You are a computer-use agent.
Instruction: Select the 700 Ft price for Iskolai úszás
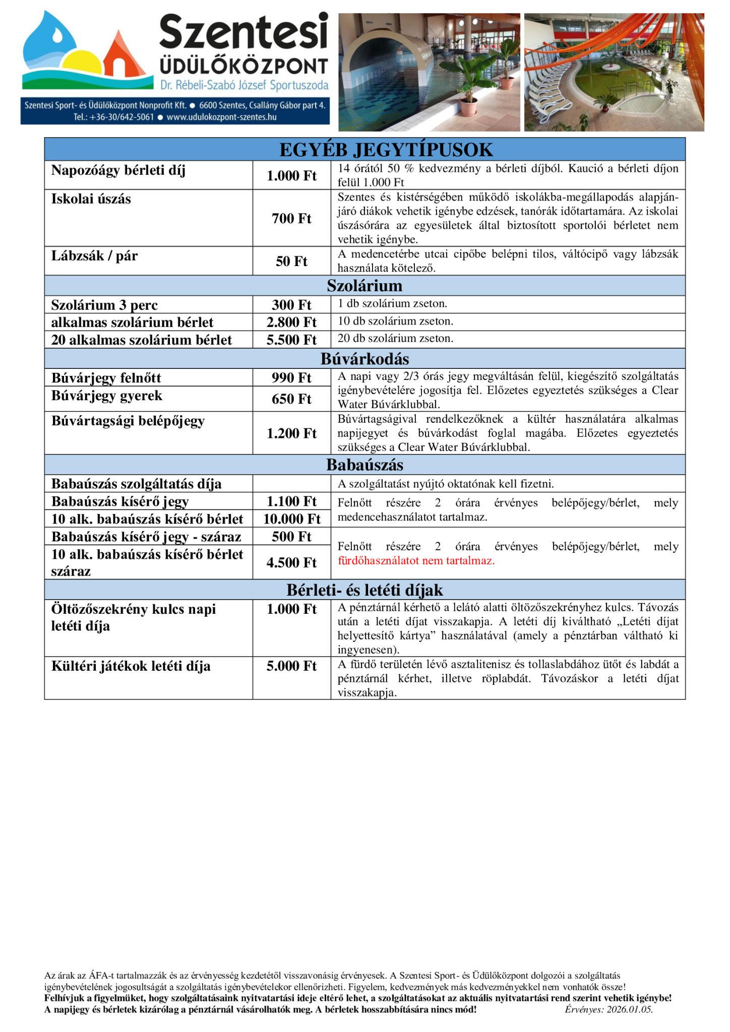click(x=291, y=218)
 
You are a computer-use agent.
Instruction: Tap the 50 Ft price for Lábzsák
click(x=291, y=261)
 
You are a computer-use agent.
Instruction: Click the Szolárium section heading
click(x=364, y=286)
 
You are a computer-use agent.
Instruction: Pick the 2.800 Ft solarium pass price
click(x=291, y=322)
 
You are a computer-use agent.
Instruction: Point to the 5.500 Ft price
click(x=291, y=340)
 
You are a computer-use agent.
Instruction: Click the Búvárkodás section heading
click(x=364, y=359)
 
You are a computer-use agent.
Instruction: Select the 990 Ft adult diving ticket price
click(x=291, y=377)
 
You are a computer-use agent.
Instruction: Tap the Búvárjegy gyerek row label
click(x=107, y=396)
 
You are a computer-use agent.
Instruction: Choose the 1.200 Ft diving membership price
click(x=291, y=433)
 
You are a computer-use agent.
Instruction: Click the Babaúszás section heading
click(x=364, y=465)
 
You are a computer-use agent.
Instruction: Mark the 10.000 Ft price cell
click(x=291, y=519)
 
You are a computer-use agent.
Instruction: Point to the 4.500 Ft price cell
click(x=291, y=562)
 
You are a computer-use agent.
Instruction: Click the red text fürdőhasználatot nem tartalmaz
click(x=416, y=560)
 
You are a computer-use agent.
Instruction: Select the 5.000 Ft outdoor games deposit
click(x=291, y=666)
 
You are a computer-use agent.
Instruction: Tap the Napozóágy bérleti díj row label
click(x=118, y=170)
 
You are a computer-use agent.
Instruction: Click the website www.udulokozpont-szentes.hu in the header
click(x=221, y=117)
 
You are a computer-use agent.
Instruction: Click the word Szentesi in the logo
click(x=244, y=31)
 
